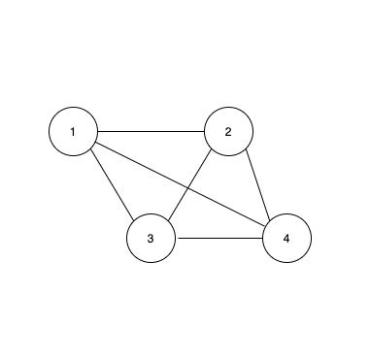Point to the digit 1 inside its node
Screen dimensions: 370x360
(73, 131)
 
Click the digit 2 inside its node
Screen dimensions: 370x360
(228, 131)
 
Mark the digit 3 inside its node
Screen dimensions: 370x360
(151, 239)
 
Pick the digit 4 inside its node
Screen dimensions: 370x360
(286, 239)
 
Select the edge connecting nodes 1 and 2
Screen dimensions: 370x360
(151, 131)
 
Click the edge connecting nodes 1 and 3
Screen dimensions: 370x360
(112, 184)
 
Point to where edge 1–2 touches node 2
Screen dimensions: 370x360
(204, 131)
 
